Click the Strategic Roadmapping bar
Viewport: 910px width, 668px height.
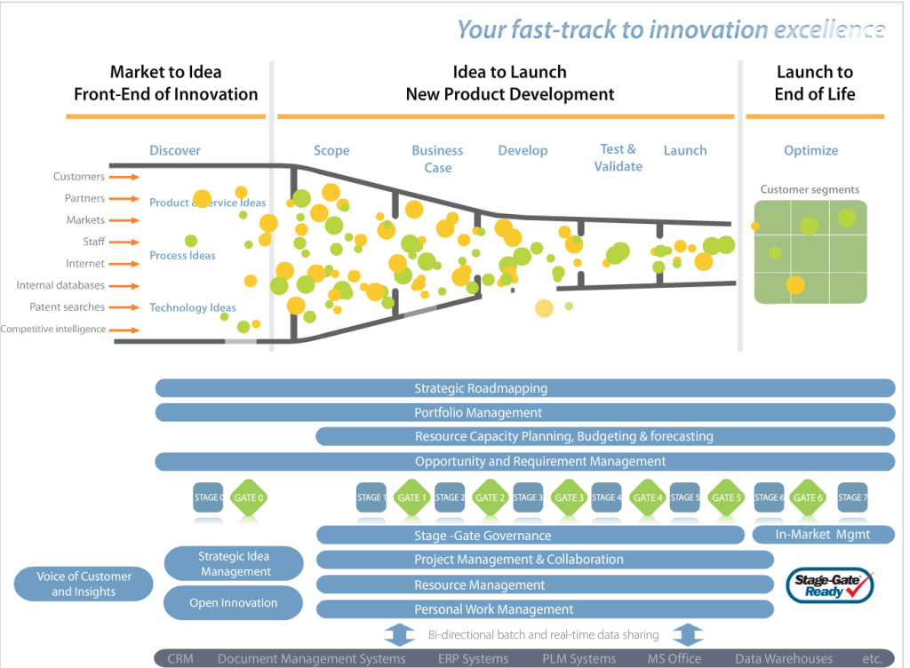(x=524, y=388)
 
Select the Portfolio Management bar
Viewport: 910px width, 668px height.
(x=524, y=412)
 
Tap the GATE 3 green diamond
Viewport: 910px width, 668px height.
(x=569, y=497)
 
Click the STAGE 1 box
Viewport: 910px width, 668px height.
(x=371, y=497)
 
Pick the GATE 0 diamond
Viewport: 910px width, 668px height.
(x=248, y=497)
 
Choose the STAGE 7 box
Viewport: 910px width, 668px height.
(x=851, y=497)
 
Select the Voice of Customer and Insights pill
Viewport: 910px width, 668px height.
(x=84, y=584)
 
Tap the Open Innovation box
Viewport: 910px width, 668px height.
(x=234, y=602)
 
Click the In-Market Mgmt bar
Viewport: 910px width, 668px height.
(x=823, y=535)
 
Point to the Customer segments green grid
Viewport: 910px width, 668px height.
(x=810, y=251)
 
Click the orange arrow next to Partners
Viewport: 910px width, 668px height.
(x=128, y=199)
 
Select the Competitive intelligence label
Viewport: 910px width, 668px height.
(x=53, y=330)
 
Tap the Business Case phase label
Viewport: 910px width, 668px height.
(x=437, y=159)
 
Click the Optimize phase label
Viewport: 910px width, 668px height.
(x=810, y=151)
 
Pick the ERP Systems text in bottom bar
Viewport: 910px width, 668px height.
(x=473, y=658)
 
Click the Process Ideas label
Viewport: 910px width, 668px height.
(x=182, y=256)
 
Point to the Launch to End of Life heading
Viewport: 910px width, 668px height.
(x=814, y=83)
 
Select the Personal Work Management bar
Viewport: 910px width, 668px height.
(x=544, y=609)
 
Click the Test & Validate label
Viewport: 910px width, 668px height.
(x=618, y=157)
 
